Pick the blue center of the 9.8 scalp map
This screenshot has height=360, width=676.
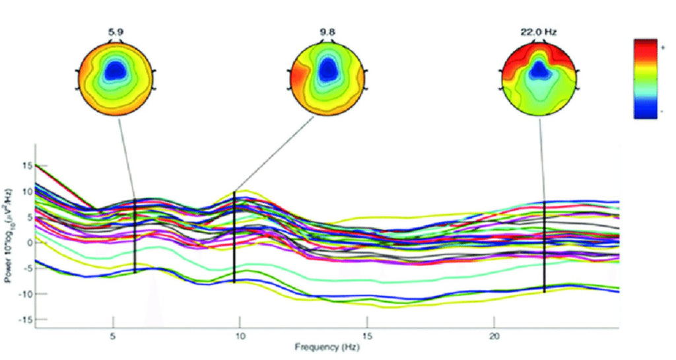tap(328, 71)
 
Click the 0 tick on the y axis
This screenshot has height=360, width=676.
tap(28, 242)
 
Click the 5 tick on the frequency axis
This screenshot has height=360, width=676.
tap(114, 336)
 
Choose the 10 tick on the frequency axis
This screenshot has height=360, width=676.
tap(240, 336)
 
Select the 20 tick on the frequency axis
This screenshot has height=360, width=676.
tap(494, 336)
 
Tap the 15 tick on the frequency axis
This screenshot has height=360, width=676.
tap(367, 336)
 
